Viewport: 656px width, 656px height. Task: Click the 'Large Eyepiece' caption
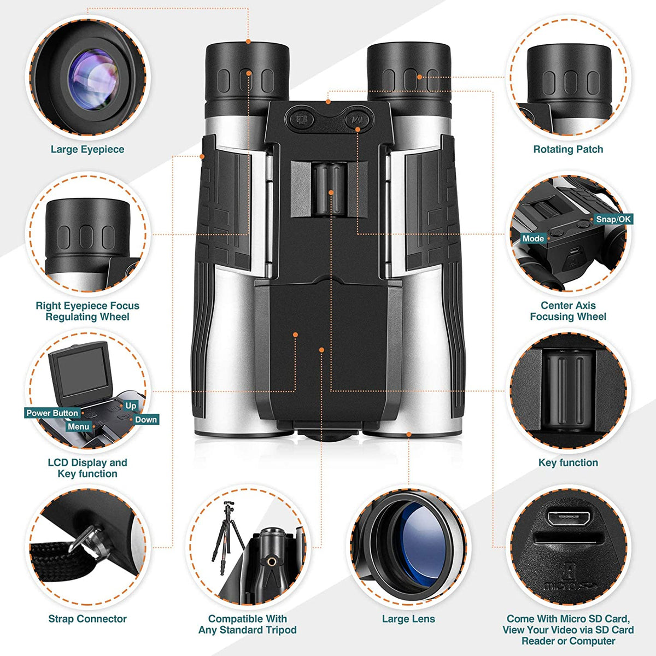click(x=87, y=149)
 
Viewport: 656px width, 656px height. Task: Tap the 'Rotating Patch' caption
click(x=568, y=149)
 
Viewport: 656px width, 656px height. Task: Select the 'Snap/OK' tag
click(x=613, y=219)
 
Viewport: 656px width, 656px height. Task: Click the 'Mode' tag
click(x=533, y=238)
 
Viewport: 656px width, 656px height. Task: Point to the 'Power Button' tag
click(x=52, y=413)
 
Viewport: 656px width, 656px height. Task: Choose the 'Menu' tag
click(x=78, y=426)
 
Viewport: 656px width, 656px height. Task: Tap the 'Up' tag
click(x=131, y=406)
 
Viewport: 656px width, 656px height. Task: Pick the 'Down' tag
click(x=146, y=420)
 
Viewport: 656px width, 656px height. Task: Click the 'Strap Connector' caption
click(x=87, y=619)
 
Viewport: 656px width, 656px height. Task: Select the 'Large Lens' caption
click(x=408, y=619)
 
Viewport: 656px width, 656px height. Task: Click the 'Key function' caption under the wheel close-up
click(x=568, y=462)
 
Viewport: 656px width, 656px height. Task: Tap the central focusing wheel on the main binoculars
click(x=330, y=189)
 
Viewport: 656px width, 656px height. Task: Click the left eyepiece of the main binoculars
click(x=247, y=71)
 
